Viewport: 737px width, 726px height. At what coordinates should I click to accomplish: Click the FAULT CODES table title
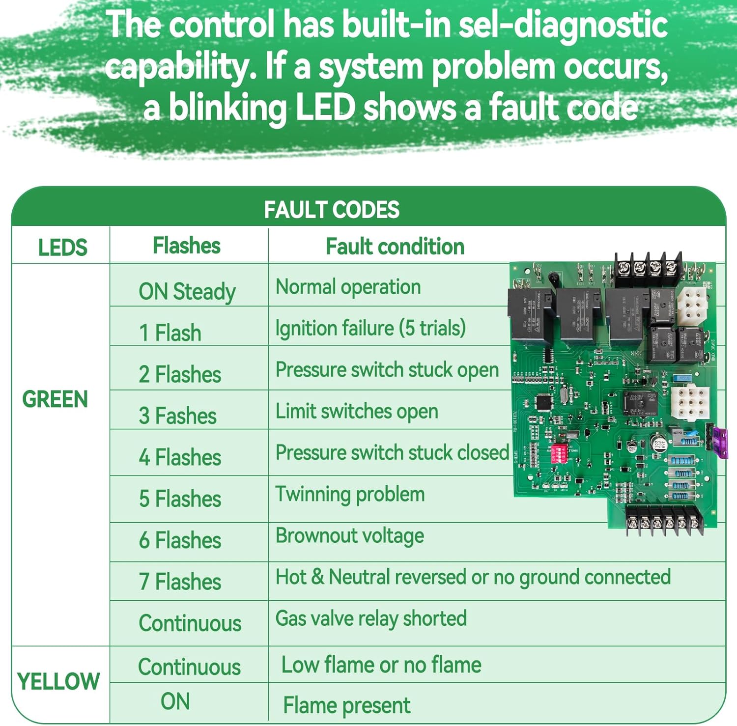tap(332, 210)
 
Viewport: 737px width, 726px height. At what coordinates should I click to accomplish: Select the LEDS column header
tap(62, 247)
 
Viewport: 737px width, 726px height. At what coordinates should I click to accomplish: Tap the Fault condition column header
tap(395, 246)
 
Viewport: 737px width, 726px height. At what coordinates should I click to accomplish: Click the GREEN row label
tap(55, 399)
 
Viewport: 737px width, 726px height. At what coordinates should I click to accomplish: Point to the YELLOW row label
tap(58, 682)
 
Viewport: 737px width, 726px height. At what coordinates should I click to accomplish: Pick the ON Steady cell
tap(187, 291)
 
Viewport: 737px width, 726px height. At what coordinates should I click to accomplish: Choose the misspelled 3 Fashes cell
tap(178, 416)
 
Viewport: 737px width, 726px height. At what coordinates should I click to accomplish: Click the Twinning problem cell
tap(350, 494)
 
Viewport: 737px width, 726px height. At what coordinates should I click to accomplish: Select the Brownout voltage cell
tap(350, 536)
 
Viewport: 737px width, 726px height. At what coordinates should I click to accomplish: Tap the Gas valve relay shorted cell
tap(371, 618)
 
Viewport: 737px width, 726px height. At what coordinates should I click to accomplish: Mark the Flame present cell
tap(347, 705)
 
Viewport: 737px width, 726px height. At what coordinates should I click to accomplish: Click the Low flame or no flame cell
tap(381, 665)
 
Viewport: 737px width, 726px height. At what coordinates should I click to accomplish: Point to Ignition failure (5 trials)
tap(370, 328)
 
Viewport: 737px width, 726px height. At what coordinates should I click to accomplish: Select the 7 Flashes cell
tap(180, 582)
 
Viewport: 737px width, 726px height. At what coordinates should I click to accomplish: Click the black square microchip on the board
tap(543, 403)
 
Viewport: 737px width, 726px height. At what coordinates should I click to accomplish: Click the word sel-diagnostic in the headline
tap(563, 25)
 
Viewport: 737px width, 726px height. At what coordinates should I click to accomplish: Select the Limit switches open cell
tap(357, 411)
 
